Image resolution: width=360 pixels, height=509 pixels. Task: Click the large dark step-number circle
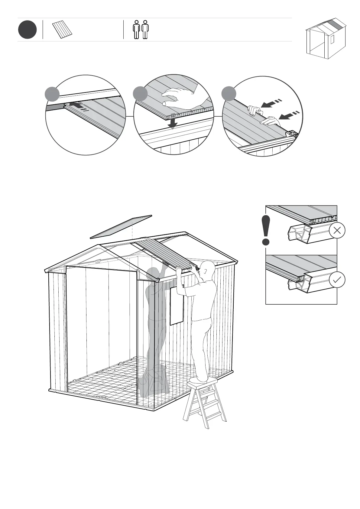27,30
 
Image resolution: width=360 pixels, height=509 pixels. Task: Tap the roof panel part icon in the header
62,30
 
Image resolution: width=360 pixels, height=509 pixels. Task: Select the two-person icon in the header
141,30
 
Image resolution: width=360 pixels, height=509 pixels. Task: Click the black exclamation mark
266,230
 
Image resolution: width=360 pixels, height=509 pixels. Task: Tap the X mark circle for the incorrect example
337,231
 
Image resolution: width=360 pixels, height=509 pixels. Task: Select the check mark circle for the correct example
337,280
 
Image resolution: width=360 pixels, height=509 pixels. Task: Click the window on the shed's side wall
177,306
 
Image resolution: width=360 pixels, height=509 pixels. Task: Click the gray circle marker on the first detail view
52,94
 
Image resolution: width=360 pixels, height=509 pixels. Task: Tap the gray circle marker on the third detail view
229,94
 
